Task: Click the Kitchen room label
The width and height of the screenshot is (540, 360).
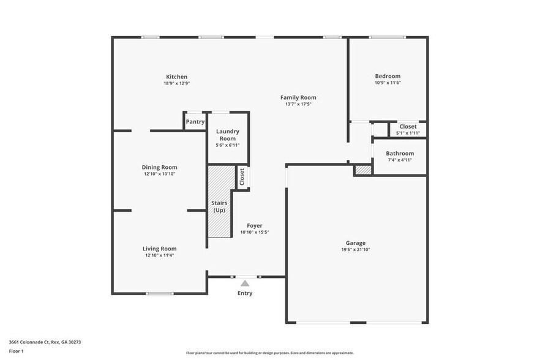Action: point(176,77)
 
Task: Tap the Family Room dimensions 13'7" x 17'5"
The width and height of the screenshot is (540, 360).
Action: point(298,104)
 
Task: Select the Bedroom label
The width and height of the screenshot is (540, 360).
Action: point(388,77)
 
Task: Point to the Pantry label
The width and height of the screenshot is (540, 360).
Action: point(195,122)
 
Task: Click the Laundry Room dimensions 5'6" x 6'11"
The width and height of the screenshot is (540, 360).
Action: point(228,145)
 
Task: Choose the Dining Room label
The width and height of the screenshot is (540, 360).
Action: point(159,167)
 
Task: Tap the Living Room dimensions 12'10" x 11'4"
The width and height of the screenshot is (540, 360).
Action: point(159,255)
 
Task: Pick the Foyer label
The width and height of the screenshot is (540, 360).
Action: point(255,226)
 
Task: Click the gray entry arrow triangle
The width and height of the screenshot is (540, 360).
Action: point(245,283)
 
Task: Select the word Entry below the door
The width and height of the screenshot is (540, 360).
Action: point(245,293)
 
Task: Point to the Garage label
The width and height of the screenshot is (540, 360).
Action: point(355,243)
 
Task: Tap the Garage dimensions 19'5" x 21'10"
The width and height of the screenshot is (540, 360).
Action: point(355,250)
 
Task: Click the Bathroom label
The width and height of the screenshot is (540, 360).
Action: point(400,153)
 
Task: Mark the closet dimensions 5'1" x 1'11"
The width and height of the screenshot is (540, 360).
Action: point(408,133)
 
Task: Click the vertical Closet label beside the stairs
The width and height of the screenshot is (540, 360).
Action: point(242,177)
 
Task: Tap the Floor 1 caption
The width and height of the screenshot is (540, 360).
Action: point(16,351)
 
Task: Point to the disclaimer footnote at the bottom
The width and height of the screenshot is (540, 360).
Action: point(269,353)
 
